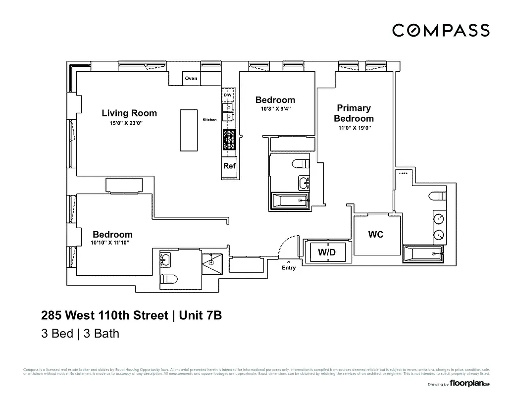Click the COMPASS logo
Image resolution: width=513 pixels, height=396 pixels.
click(441, 30)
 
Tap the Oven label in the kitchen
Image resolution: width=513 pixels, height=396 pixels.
click(191, 78)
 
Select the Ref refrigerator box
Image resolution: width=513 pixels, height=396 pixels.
click(229, 166)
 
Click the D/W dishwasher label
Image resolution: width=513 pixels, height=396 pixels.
click(228, 95)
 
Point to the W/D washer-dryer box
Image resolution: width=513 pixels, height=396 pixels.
click(327, 252)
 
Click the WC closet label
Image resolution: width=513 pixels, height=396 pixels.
click(376, 235)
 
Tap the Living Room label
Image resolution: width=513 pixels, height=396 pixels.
click(129, 113)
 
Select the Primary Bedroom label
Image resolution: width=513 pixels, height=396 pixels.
click(354, 113)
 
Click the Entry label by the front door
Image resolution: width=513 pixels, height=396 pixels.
click(289, 268)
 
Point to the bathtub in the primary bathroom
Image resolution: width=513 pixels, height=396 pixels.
click(425, 254)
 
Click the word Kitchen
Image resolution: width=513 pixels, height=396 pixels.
click(209, 120)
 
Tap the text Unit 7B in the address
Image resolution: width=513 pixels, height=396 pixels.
click(200, 315)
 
